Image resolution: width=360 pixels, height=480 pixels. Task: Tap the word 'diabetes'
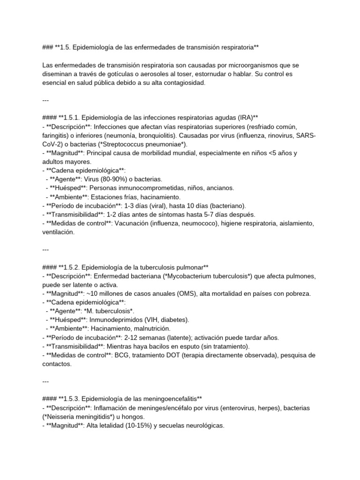(175, 320)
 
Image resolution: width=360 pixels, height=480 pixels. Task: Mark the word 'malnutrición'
(150, 329)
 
